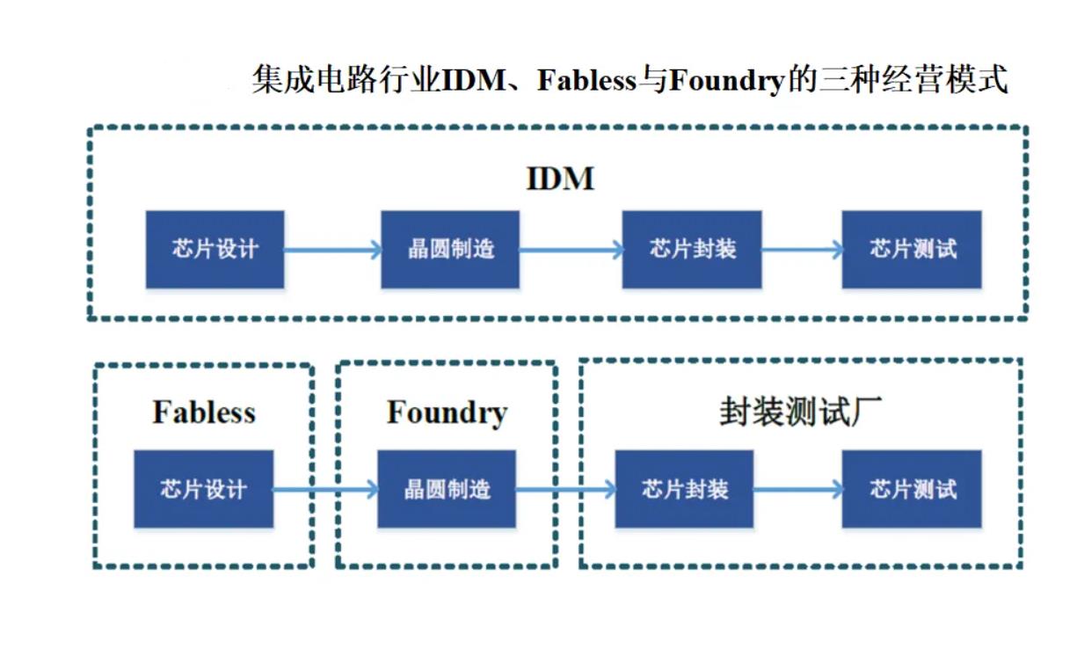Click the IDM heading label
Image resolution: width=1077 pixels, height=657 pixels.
pos(560,179)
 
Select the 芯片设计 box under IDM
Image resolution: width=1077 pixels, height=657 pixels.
pos(215,249)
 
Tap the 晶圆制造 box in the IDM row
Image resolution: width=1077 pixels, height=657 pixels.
pos(450,249)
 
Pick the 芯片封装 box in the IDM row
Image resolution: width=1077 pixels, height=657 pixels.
pos(692,249)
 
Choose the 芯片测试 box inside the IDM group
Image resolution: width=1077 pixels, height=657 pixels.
pos(912,249)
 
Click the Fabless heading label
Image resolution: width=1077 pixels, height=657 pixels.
pos(204,412)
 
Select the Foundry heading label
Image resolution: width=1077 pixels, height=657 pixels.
pos(447,412)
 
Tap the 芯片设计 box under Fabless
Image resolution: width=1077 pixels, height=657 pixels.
pos(203,489)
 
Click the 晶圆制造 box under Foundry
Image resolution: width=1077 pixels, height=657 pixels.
pos(447,489)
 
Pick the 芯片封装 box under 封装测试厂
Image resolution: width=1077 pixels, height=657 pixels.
pos(684,489)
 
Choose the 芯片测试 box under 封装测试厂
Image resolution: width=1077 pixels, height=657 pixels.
pos(912,489)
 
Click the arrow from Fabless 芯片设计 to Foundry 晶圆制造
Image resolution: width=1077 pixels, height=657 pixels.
pos(325,489)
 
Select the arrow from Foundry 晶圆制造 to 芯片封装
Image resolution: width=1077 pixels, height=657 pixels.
pos(565,489)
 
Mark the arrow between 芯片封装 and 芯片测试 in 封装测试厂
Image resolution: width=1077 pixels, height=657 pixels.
pos(797,489)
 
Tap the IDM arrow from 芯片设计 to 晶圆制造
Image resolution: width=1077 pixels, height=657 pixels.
pos(332,250)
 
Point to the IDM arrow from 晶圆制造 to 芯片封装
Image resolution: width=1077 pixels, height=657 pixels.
pos(571,250)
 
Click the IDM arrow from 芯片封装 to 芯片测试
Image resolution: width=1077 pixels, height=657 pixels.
pos(802,250)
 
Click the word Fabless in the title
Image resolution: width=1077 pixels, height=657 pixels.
pos(586,82)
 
